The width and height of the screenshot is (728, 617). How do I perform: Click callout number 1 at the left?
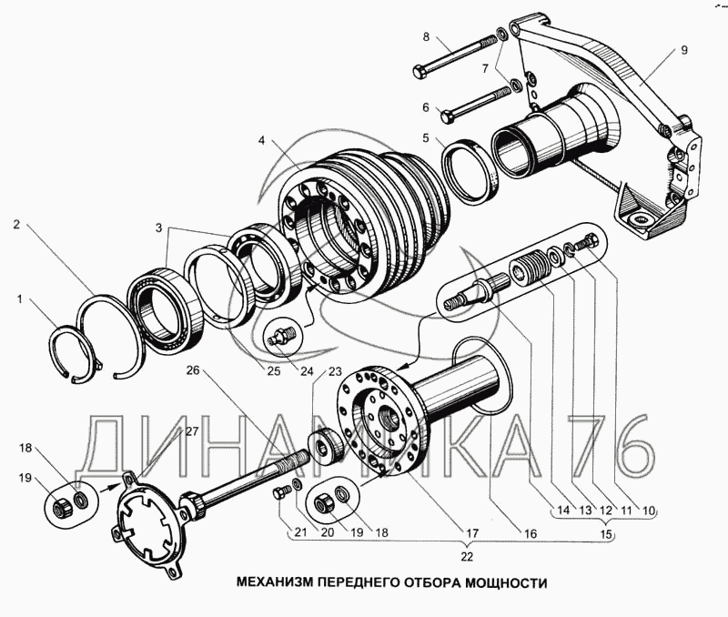click(x=19, y=299)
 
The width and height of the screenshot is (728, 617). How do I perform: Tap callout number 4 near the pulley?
click(x=262, y=140)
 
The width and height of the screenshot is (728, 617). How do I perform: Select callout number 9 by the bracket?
click(x=684, y=50)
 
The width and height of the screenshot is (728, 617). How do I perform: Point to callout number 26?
click(x=193, y=370)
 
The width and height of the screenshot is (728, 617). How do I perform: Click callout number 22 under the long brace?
click(x=467, y=556)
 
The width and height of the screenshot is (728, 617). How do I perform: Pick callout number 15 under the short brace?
click(x=606, y=534)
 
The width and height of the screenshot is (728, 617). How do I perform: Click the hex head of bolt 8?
click(x=420, y=72)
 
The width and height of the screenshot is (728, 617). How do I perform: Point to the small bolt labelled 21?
click(x=281, y=491)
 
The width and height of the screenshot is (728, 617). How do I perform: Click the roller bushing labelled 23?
click(x=325, y=446)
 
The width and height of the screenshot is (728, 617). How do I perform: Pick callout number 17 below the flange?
click(x=472, y=533)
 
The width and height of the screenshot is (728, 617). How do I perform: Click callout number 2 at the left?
click(x=16, y=225)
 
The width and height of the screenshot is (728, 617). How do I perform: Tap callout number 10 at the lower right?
click(x=648, y=511)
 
